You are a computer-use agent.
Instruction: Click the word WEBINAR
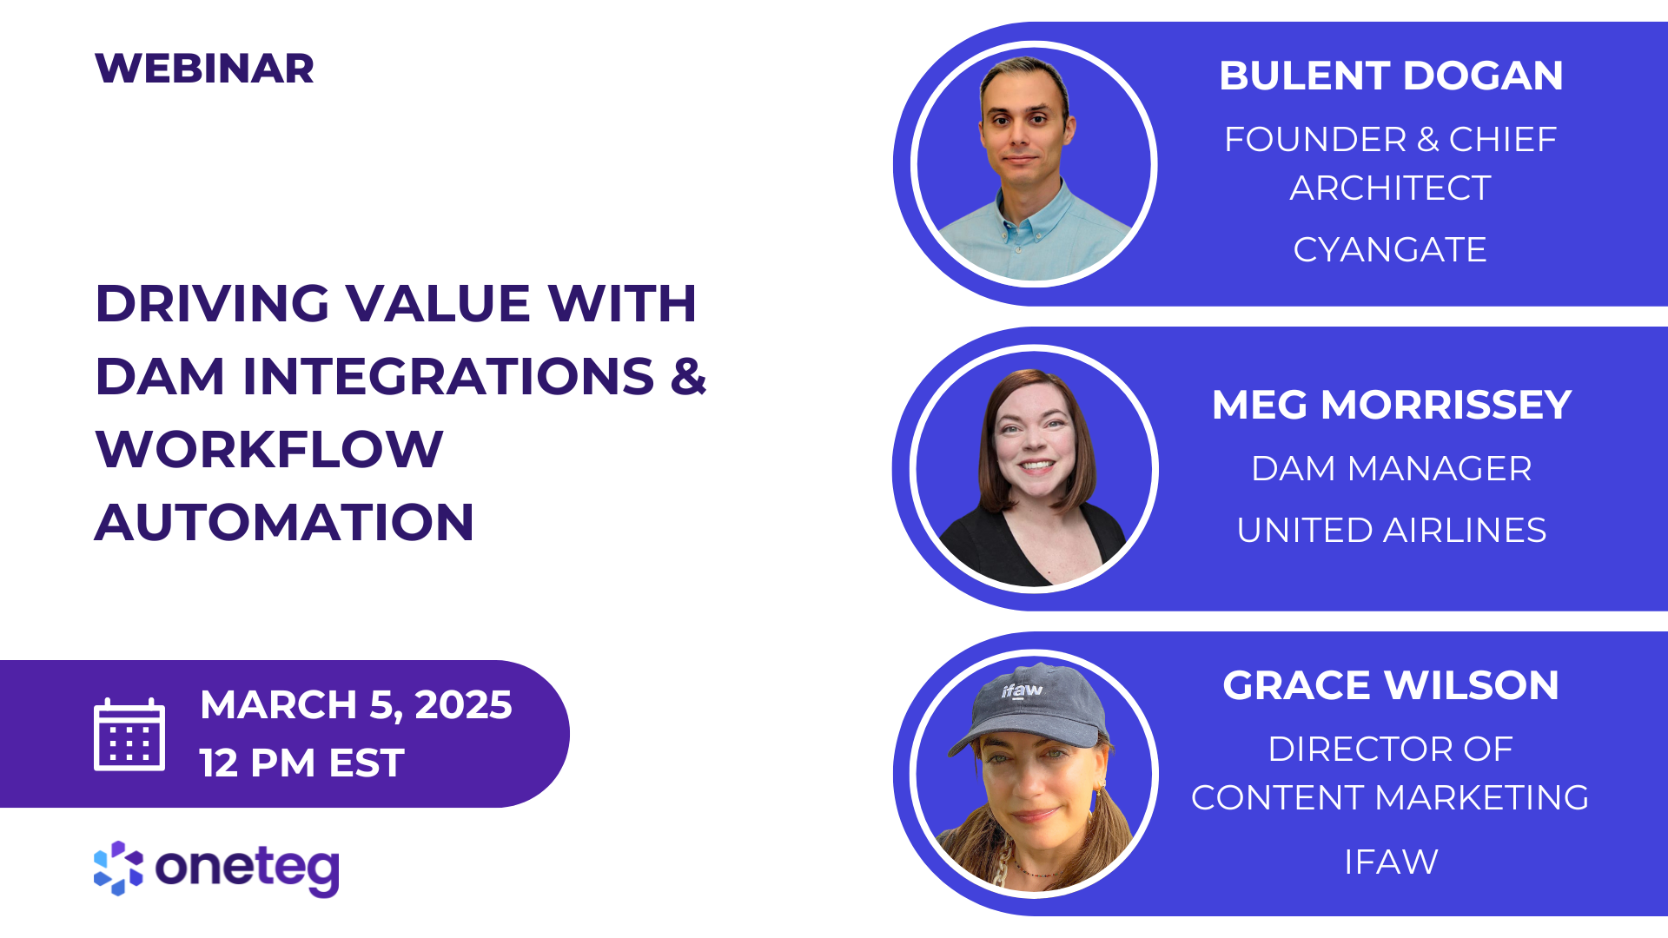click(x=204, y=69)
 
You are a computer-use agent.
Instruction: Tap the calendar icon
click(x=129, y=735)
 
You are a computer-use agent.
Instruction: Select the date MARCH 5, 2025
click(x=355, y=704)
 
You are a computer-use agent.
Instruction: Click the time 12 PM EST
click(x=301, y=763)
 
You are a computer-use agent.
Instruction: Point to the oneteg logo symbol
click(x=118, y=868)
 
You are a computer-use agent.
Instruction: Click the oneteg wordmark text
click(x=248, y=868)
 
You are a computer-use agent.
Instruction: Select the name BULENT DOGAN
click(x=1391, y=76)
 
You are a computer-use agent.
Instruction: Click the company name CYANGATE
click(x=1390, y=250)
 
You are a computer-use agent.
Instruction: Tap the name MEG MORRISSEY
click(x=1392, y=405)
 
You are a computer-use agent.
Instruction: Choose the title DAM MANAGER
click(x=1392, y=469)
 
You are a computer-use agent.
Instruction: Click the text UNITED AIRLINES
click(x=1392, y=531)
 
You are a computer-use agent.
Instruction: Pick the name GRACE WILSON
click(x=1391, y=685)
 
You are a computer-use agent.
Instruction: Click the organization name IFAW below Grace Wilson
click(x=1391, y=862)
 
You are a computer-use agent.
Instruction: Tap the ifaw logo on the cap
click(x=1022, y=691)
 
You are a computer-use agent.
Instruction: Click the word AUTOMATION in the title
click(x=284, y=523)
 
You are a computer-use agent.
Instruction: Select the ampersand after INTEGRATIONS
click(x=688, y=377)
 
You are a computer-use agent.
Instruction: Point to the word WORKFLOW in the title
click(x=269, y=450)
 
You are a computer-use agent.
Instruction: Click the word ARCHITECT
click(x=1390, y=188)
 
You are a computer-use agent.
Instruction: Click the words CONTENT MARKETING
click(x=1390, y=798)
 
